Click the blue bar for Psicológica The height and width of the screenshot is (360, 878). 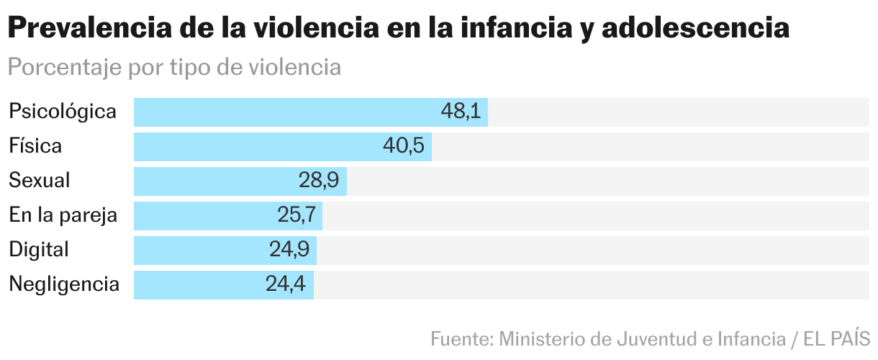pyautogui.click(x=288, y=112)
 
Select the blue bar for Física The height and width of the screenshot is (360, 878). pyautogui.click(x=259, y=147)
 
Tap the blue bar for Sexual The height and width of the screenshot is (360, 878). pyautogui.click(x=216, y=181)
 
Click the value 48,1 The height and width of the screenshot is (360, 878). pyautogui.click(x=461, y=112)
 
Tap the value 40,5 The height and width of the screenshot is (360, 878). pyautogui.click(x=404, y=147)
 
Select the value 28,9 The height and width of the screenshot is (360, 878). pyautogui.click(x=319, y=181)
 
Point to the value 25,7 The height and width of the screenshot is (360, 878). pyautogui.click(x=296, y=215)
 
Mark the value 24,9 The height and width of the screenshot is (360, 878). pyautogui.click(x=289, y=250)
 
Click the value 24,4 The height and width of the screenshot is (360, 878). pyautogui.click(x=286, y=284)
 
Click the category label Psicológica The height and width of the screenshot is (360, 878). pyautogui.click(x=63, y=112)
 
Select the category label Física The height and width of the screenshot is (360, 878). pyautogui.click(x=35, y=147)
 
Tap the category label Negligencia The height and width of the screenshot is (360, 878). pyautogui.click(x=64, y=284)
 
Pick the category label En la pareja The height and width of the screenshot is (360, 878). pyautogui.click(x=63, y=215)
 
